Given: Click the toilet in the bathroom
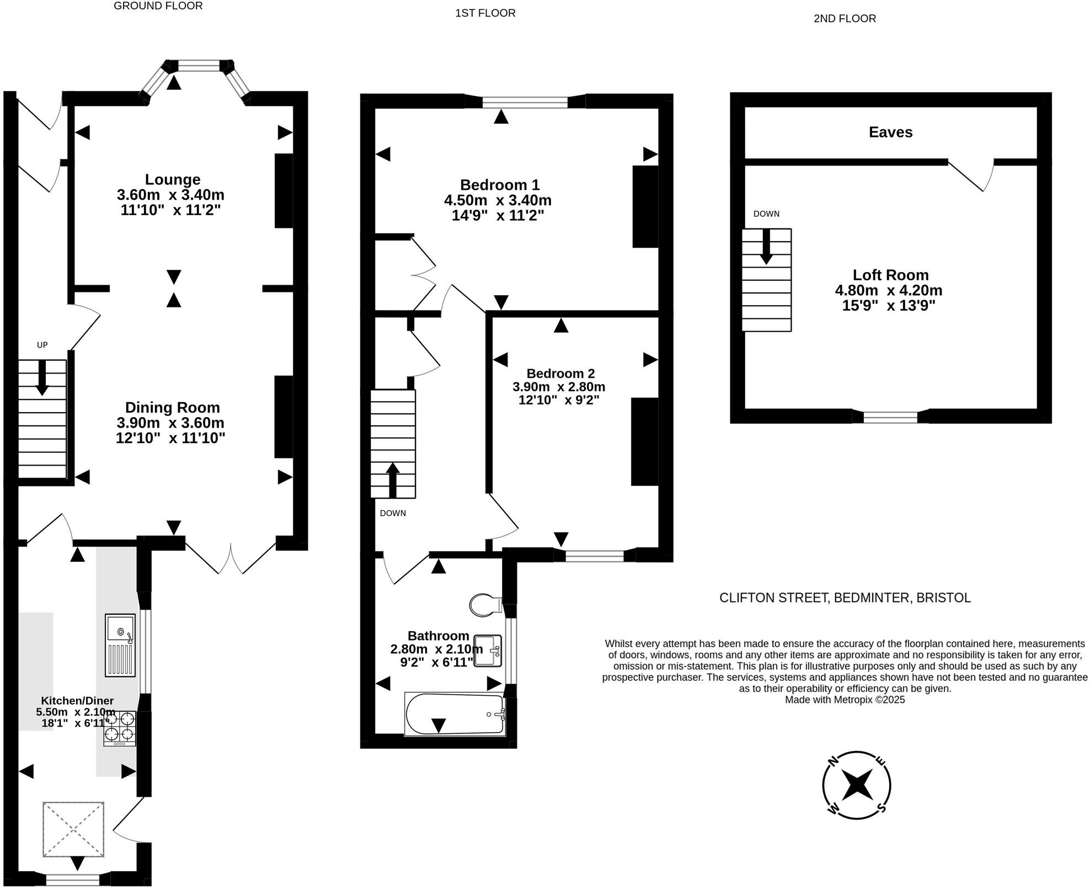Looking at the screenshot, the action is (x=484, y=605).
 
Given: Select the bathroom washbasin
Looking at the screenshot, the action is (x=488, y=651).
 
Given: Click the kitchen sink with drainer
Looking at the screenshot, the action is (x=120, y=645).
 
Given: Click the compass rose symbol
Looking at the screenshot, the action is (x=857, y=785).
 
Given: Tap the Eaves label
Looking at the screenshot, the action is (x=890, y=132).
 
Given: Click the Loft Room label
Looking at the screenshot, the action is (x=890, y=275).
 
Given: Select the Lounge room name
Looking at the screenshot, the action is (x=173, y=179).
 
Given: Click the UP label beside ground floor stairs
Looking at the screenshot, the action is (x=42, y=345).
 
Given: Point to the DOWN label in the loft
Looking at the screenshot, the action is (x=766, y=214).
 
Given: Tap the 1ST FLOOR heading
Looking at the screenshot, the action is (x=485, y=13).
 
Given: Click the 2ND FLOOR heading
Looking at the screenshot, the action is (x=845, y=19).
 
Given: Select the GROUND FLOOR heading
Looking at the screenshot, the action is (x=158, y=6).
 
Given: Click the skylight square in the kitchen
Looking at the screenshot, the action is (x=73, y=829).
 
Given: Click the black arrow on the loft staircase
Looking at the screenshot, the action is (x=766, y=246).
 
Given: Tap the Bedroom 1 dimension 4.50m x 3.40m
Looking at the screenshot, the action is (x=498, y=200).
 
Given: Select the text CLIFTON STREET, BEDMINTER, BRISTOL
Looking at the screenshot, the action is (x=845, y=598).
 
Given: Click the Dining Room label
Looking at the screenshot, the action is (x=173, y=408).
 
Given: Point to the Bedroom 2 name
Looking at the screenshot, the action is (x=560, y=374).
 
